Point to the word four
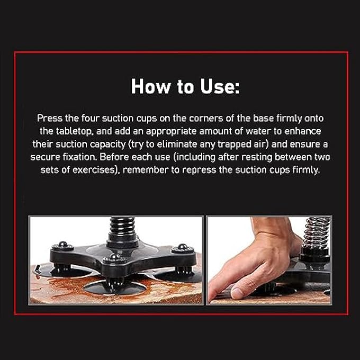tap(91, 118)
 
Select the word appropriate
tap(172, 131)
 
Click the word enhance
tap(303, 131)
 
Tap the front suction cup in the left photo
tap(115, 288)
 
